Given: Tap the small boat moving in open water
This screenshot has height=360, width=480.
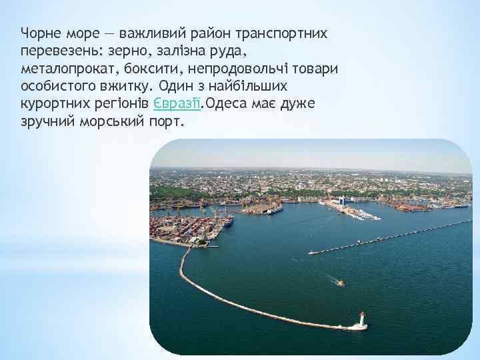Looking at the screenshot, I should tap(339, 283).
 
